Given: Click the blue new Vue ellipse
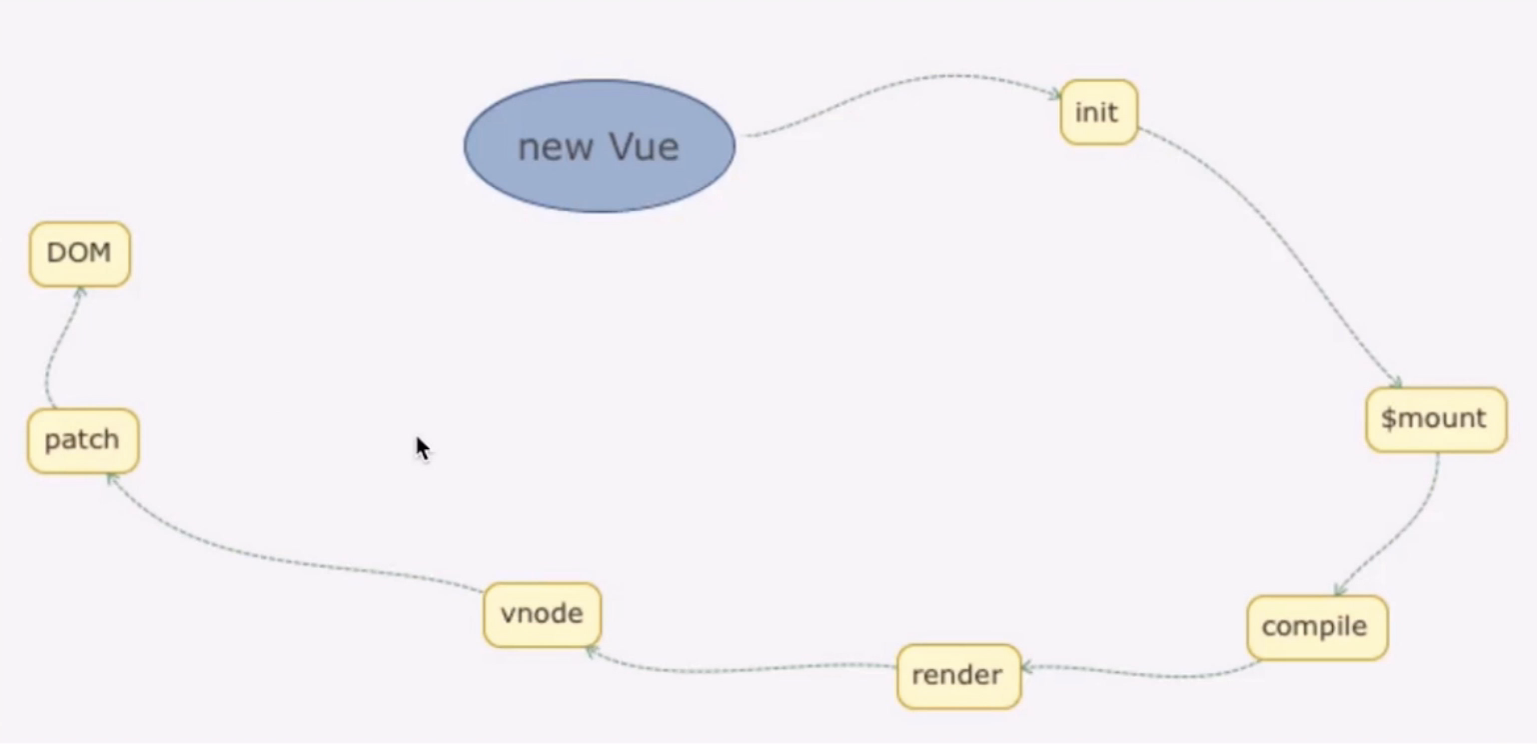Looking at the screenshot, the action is [x=600, y=146].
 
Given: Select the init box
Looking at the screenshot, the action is [x=1098, y=112].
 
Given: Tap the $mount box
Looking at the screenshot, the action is [x=1436, y=419].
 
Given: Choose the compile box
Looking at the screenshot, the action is [x=1317, y=627].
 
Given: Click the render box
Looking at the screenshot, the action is [x=958, y=676].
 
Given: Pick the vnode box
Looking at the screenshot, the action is [x=542, y=614].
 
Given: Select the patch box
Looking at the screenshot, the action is [x=83, y=441].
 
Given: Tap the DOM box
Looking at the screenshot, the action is [x=80, y=254].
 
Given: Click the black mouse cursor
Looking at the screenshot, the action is [x=423, y=450].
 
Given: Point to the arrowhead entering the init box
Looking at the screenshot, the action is [x=1054, y=94].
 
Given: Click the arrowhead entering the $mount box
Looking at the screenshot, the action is [x=1396, y=382].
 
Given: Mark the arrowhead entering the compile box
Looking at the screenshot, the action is [x=1340, y=590].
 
